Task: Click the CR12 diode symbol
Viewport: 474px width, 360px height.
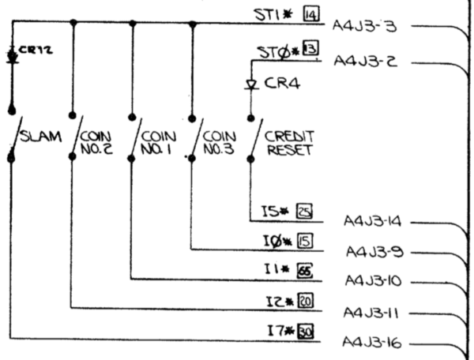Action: pyautogui.click(x=12, y=56)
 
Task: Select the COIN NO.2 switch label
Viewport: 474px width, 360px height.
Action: pyautogui.click(x=96, y=141)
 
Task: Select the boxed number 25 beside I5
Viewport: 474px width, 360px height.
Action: pyautogui.click(x=304, y=211)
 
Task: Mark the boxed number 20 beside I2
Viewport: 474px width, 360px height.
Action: pyautogui.click(x=307, y=301)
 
